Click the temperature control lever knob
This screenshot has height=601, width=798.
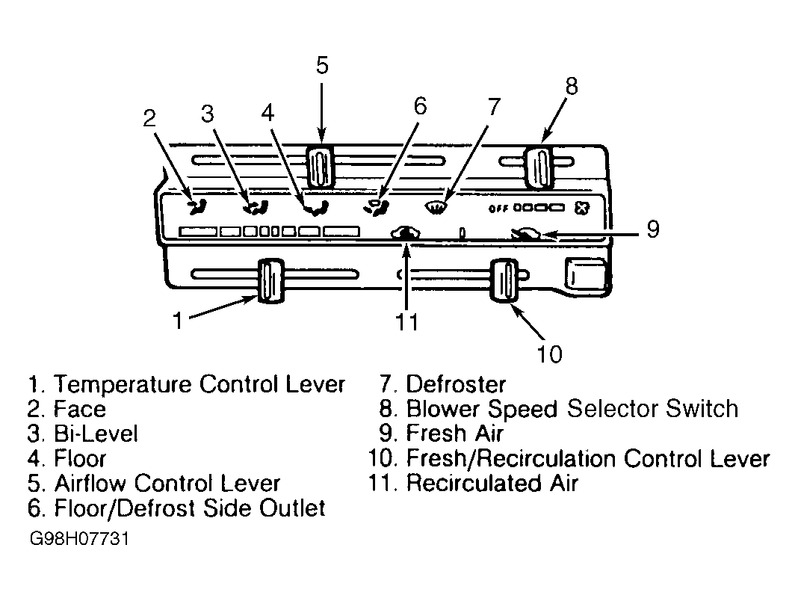point(270,280)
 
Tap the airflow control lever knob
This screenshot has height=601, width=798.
point(320,167)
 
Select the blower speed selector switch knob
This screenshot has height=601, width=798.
point(539,167)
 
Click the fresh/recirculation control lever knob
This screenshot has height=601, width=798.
point(504,280)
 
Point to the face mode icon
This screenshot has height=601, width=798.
point(197,206)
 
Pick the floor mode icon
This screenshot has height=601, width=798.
point(316,208)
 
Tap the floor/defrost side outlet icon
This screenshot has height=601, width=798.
point(377,208)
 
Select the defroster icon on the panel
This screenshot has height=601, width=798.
point(436,207)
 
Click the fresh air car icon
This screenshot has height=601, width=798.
point(526,234)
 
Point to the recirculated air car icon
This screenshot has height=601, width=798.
point(405,233)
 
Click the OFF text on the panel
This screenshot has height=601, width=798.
point(499,209)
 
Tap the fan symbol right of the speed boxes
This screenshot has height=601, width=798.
point(582,208)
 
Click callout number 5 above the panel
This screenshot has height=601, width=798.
point(322,66)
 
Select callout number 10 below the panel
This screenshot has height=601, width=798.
point(550,354)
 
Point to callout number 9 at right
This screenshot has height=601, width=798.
point(653,229)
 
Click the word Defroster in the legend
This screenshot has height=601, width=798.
point(456,384)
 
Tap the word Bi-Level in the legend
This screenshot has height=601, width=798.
point(96,434)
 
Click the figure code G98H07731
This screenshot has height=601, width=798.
point(79,538)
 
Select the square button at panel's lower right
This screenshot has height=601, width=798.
point(586,274)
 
